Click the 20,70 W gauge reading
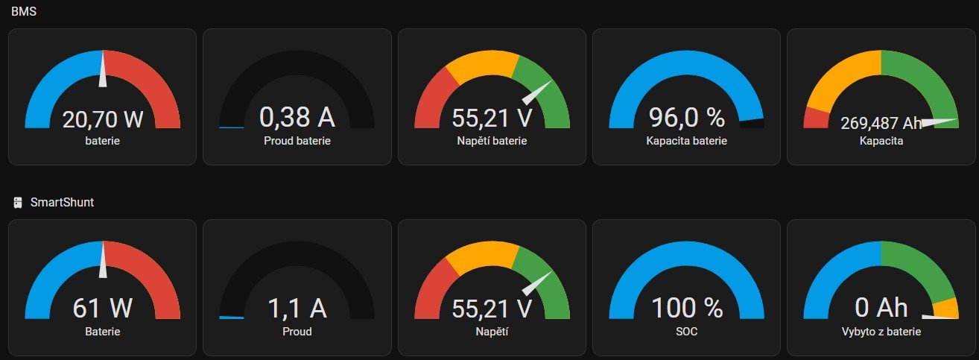tap(103, 119)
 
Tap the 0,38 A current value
tap(297, 117)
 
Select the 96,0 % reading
tap(686, 118)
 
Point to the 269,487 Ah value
tap(881, 123)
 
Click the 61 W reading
tap(103, 308)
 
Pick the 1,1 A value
tap(297, 308)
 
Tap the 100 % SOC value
tap(686, 308)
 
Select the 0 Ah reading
tap(881, 308)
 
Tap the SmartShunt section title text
tap(62, 202)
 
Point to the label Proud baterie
tap(297, 140)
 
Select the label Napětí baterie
tap(492, 140)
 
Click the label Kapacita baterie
tap(686, 140)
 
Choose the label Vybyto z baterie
tap(881, 332)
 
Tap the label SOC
tap(686, 332)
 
